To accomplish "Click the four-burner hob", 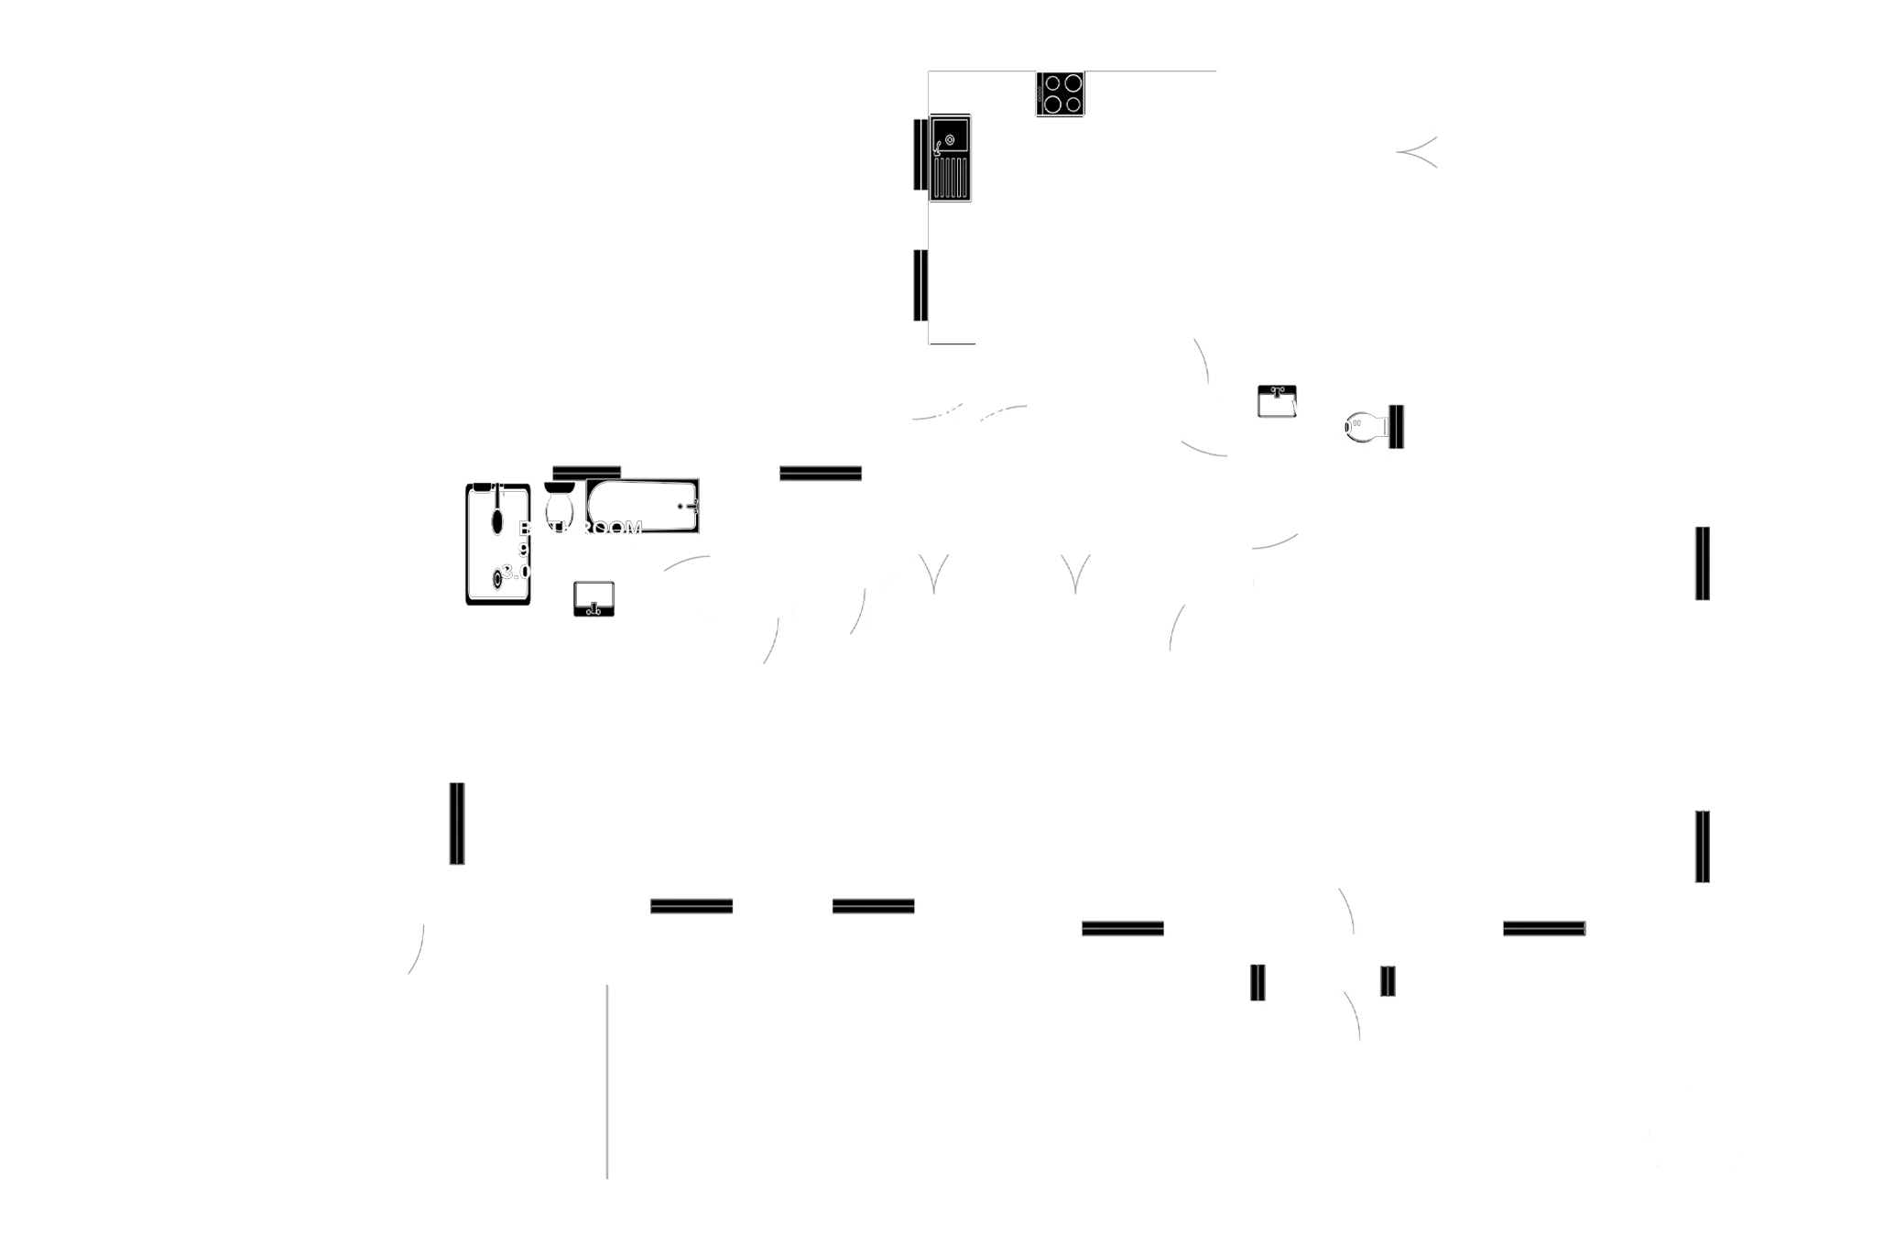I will pos(1062,94).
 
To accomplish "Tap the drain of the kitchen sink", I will pos(949,140).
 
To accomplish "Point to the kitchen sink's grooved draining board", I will pos(952,178).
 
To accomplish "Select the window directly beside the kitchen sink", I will pos(918,154).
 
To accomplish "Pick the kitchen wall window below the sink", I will pos(918,285).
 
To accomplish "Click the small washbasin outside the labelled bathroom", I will pos(1276,400).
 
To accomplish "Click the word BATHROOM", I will pos(581,529).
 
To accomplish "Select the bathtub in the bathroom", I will pos(643,505).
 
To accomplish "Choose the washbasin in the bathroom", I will pos(594,598).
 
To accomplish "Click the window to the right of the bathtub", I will pos(820,473).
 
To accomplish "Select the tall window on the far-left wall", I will pos(457,823).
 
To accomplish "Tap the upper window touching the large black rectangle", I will pos(1703,563).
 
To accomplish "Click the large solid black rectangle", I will pos(1798,699).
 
